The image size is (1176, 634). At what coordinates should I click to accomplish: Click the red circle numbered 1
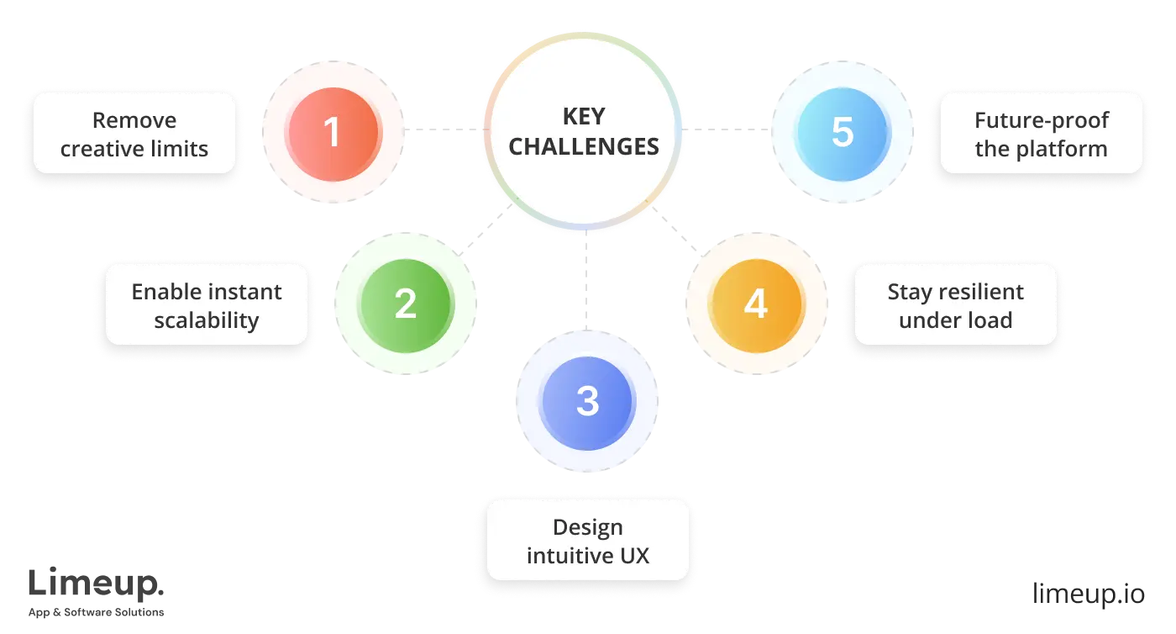point(333,132)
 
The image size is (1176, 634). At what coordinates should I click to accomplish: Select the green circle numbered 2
point(405,303)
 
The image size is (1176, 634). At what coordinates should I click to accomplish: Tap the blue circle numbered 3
point(587,401)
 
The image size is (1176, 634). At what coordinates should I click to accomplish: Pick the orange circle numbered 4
point(755,303)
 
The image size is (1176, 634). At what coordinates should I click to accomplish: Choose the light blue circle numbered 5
point(843,132)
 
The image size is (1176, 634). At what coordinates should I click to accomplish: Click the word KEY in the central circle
point(584,118)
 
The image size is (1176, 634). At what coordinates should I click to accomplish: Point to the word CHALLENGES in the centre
point(584,147)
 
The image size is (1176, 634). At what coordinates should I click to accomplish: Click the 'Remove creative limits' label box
point(134,134)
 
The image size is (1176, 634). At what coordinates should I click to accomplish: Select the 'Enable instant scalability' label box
point(207,305)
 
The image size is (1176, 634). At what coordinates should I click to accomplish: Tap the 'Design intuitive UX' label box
point(587,541)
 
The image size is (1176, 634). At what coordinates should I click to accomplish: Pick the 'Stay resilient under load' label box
point(955,305)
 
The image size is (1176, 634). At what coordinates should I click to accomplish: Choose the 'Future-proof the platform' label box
point(1041,134)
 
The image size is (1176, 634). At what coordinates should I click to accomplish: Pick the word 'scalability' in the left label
point(207,320)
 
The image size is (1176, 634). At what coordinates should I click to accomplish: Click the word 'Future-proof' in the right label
point(1041,120)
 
